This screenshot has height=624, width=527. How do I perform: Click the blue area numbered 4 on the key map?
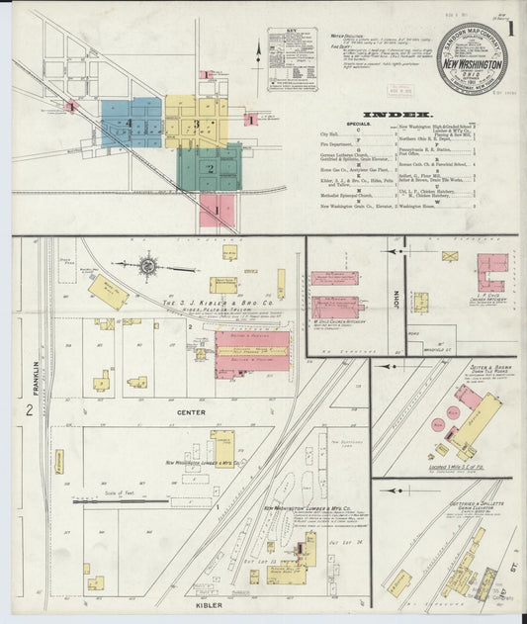pyautogui.click(x=130, y=123)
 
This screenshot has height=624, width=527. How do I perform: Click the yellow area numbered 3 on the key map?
pyautogui.click(x=198, y=124)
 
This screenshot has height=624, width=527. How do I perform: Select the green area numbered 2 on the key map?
pyautogui.click(x=210, y=167)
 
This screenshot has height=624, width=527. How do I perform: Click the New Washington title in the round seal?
pyautogui.click(x=474, y=62)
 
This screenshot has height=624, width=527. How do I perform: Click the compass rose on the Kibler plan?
pyautogui.click(x=149, y=265)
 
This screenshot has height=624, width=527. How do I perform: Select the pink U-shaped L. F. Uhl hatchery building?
pyautogui.click(x=491, y=272)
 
